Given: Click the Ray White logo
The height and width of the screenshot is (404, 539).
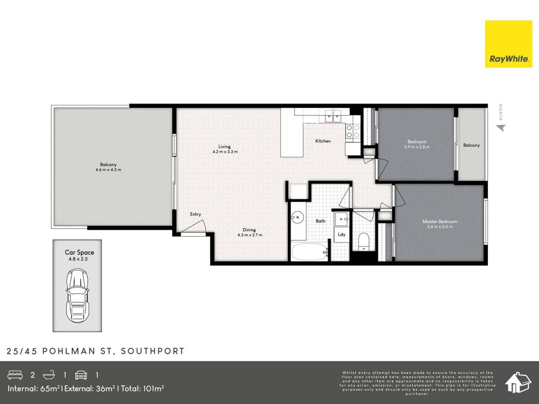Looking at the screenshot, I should [508, 44].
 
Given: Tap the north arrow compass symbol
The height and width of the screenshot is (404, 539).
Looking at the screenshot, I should [501, 128].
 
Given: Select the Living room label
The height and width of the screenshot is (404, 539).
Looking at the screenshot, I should [225, 146].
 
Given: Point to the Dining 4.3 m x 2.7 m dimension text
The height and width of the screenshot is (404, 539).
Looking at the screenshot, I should [249, 235].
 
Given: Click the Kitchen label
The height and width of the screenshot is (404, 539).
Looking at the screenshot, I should [323, 141].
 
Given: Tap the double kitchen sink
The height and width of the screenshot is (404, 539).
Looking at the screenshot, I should [333, 118].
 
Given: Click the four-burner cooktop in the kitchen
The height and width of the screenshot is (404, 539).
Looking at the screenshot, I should [352, 131].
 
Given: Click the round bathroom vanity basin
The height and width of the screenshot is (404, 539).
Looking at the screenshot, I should [297, 219].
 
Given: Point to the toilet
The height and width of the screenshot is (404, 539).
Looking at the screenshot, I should [364, 242].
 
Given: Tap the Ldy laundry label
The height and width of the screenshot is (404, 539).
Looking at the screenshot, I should [341, 234].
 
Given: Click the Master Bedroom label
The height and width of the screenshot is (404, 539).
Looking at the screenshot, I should [440, 221].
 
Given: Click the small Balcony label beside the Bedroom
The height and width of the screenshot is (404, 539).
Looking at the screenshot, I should [471, 145].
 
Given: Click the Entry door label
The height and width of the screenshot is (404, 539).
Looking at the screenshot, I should [195, 214].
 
